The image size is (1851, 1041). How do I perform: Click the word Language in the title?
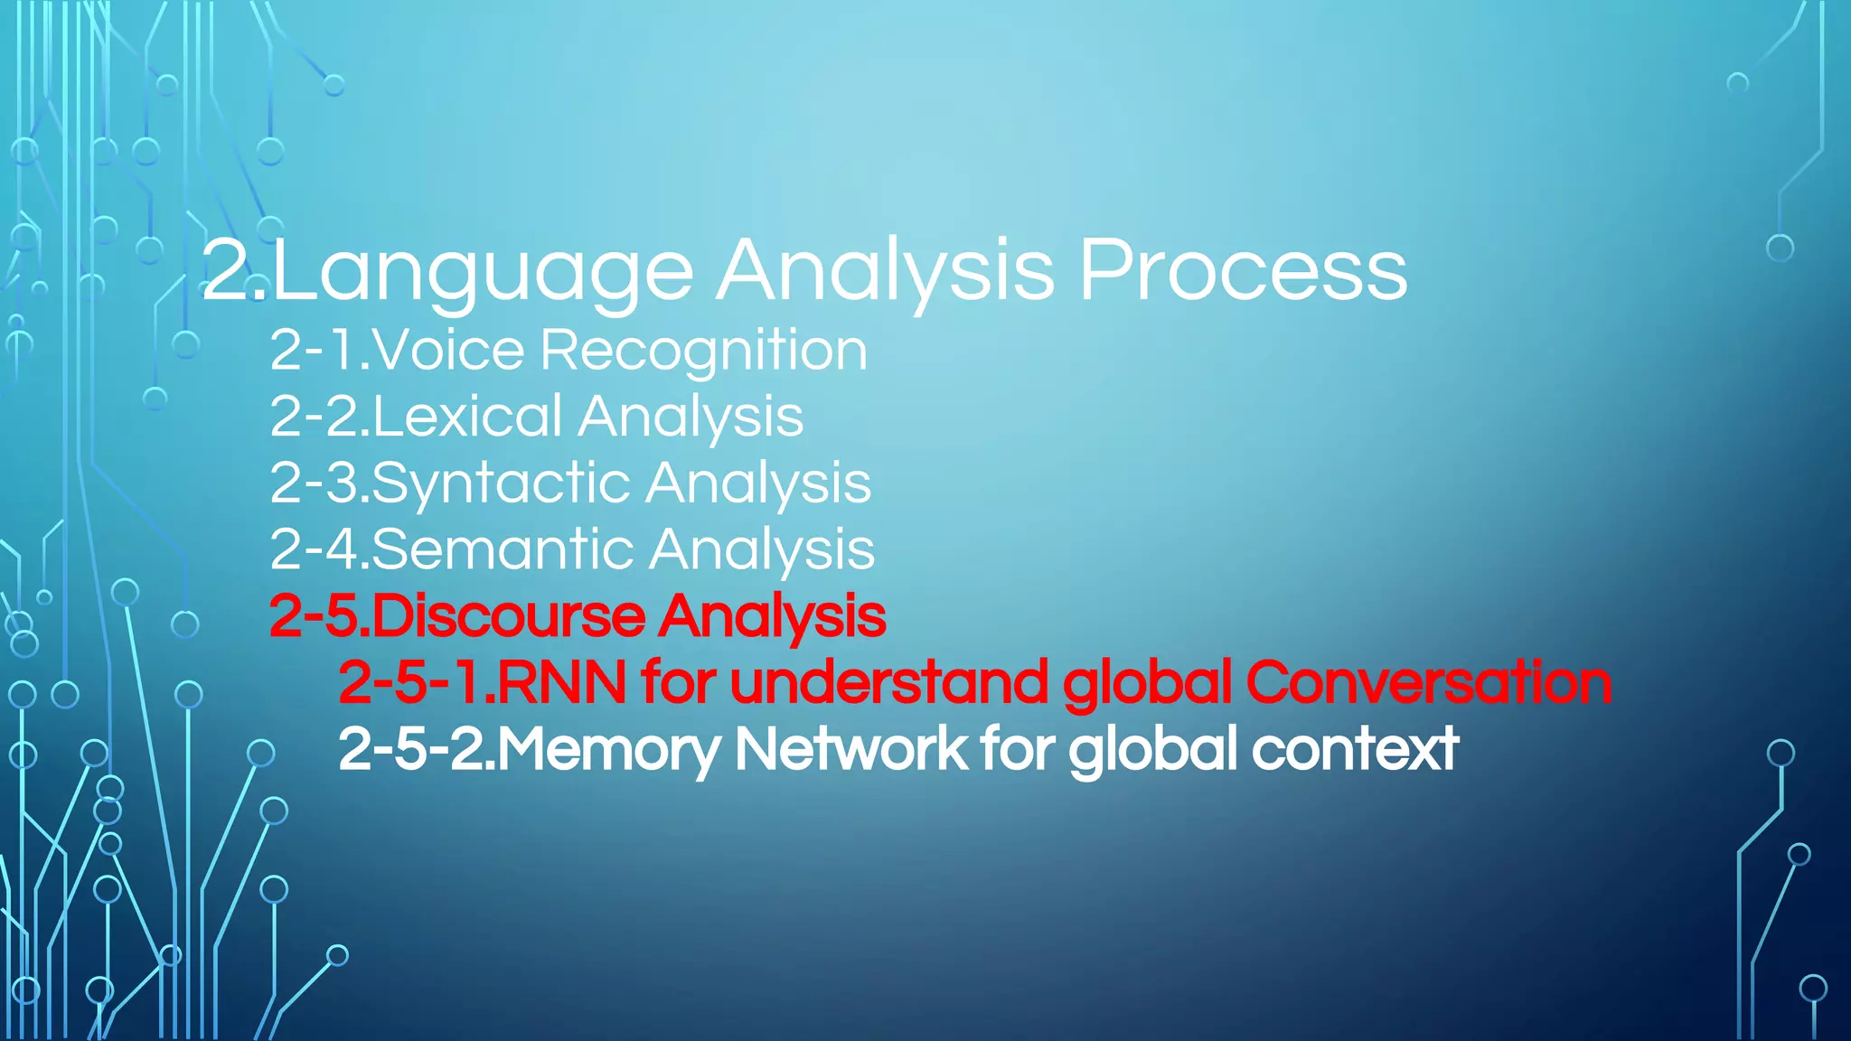[483, 271]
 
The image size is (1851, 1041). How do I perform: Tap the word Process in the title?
[1243, 271]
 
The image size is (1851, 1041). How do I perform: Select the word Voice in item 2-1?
[448, 350]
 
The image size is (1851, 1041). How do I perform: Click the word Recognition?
[704, 352]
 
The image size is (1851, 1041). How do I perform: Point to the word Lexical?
[467, 417]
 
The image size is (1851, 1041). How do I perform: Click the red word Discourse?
[508, 616]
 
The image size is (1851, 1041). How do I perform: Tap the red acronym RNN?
[561, 682]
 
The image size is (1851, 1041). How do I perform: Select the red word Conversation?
[1428, 682]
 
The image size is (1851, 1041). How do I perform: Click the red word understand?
[888, 682]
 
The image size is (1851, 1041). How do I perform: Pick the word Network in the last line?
[850, 749]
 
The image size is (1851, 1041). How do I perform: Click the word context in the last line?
[1355, 749]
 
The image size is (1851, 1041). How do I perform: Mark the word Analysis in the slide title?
[885, 271]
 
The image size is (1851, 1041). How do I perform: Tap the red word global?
[1147, 682]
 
